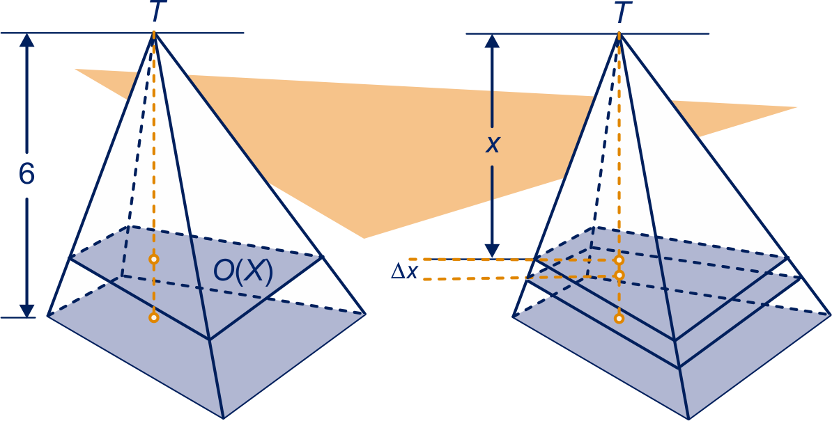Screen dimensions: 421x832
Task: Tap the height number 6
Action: [26, 175]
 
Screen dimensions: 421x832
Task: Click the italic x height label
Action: [493, 145]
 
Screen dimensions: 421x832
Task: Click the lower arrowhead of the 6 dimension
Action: [26, 308]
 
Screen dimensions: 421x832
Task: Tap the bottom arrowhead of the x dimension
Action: [493, 250]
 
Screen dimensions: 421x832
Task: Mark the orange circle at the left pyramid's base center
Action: [153, 317]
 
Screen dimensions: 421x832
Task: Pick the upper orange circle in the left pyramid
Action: [153, 260]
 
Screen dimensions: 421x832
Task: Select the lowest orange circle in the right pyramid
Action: [619, 318]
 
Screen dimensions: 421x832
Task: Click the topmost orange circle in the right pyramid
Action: [619, 260]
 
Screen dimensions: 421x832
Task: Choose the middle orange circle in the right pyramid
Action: [619, 275]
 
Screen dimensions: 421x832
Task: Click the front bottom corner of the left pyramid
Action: [222, 418]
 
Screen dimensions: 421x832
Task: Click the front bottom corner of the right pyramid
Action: [688, 418]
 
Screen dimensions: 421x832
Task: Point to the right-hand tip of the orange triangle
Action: [796, 107]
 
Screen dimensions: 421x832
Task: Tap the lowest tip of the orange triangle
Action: [363, 238]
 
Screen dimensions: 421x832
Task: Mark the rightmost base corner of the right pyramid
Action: [830, 314]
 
